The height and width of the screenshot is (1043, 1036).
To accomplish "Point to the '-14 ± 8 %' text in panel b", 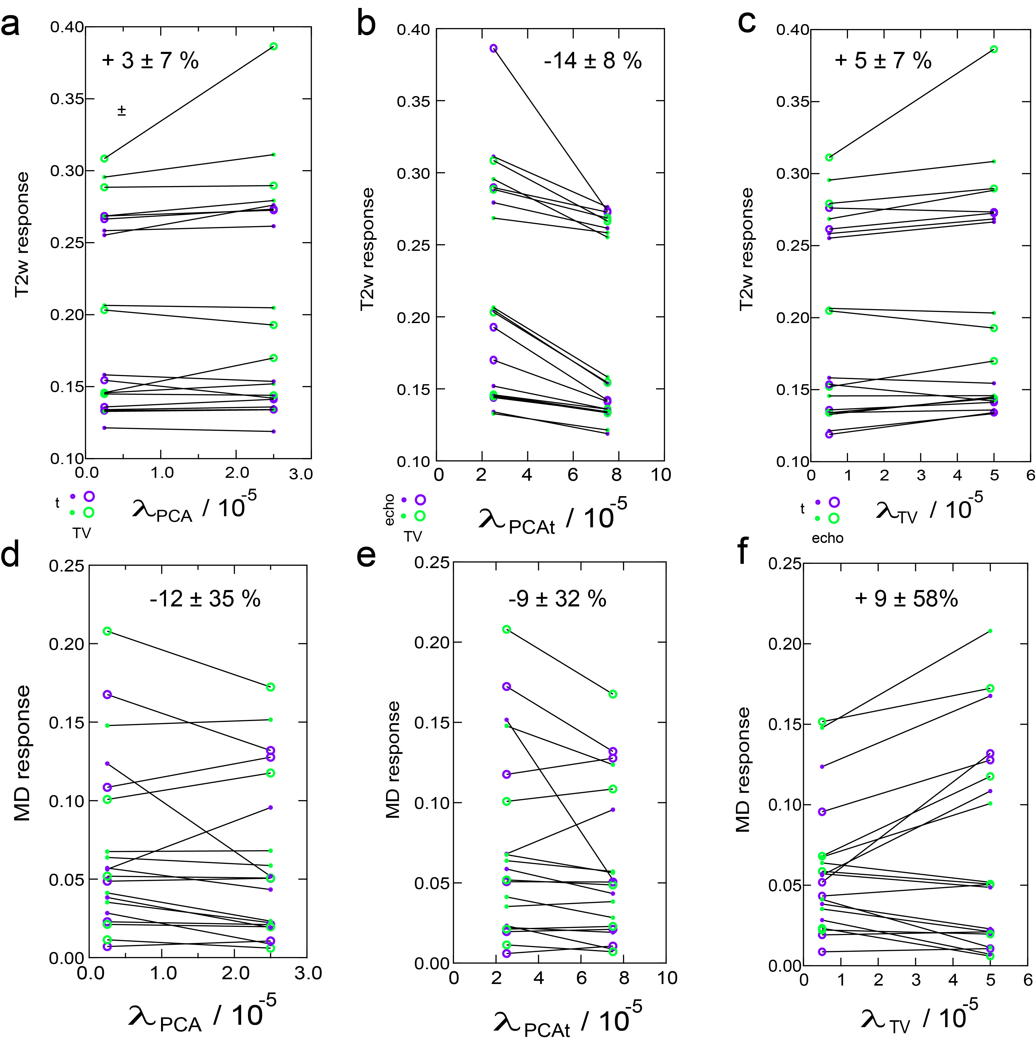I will coord(593,61).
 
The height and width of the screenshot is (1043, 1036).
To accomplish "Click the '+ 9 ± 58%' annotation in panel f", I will coord(906,599).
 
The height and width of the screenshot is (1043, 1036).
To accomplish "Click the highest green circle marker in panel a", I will coord(274,46).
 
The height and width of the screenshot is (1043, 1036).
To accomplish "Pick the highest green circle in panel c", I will coord(994,49).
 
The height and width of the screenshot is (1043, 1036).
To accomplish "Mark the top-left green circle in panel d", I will coord(107,631).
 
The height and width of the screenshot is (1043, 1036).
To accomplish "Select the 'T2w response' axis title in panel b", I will coord(367,249).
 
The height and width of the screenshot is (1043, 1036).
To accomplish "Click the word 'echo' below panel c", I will coord(827,538).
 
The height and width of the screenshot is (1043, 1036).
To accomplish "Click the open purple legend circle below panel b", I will coord(420,500).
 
